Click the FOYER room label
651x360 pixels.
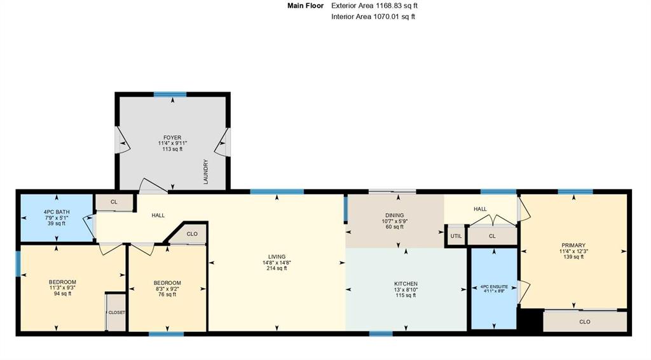[x=172, y=137]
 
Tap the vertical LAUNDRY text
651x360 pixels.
[x=205, y=172]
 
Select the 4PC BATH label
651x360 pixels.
[x=57, y=212]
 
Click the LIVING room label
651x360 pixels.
[x=277, y=256]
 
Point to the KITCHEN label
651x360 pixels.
[x=406, y=284]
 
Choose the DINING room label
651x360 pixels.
[x=394, y=215]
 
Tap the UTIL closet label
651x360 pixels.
[x=456, y=236]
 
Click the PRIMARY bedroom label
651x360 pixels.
[x=573, y=245]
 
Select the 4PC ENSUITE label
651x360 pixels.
[x=494, y=286]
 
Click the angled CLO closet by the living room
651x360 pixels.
[x=192, y=234]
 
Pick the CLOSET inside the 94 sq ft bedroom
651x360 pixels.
[x=117, y=312]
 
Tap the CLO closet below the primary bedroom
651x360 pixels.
[x=585, y=321]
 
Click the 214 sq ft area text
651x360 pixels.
[x=277, y=268]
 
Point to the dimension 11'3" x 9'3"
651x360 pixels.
[x=63, y=287]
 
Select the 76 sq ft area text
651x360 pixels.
[x=167, y=294]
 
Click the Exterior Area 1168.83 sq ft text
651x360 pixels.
[x=374, y=6]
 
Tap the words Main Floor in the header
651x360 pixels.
[x=306, y=6]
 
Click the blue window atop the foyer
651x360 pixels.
[x=170, y=94]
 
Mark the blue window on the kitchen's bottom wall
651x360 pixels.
[x=381, y=333]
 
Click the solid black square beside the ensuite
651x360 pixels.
[x=531, y=320]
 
